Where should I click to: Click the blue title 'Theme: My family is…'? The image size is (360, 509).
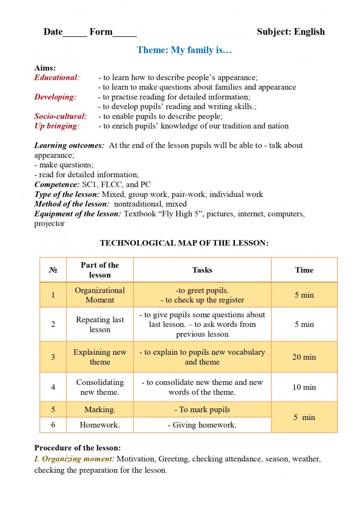coord(184,50)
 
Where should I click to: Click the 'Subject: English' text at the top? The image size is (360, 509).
coord(290,32)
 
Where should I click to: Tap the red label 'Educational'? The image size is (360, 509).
coord(57,78)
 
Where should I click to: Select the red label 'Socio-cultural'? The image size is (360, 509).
coord(60,117)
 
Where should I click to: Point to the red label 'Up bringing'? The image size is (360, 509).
coord(57,126)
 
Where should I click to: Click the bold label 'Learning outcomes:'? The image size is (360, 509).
coord(69,146)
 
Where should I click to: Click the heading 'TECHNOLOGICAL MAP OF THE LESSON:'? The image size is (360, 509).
coord(184,243)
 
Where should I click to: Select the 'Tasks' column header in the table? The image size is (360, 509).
coord(202,270)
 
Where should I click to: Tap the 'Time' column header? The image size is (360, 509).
coord(304,270)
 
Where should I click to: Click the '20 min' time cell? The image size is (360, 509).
coord(304,357)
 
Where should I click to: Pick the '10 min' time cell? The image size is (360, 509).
coord(304,387)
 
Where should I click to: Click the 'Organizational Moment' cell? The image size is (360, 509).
coord(100,295)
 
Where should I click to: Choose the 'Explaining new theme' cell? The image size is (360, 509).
coord(100,357)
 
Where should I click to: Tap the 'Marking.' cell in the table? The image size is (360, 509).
coord(100,410)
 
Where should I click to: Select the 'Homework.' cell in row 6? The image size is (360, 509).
coord(100,425)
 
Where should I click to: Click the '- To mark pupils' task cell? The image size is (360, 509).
coord(202,410)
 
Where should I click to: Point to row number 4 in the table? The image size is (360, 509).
coord(53,387)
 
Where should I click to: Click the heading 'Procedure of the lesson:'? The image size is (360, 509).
coord(77,448)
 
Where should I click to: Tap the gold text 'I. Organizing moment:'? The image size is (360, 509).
coord(74,459)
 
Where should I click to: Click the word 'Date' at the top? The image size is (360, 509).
coord(53,32)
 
